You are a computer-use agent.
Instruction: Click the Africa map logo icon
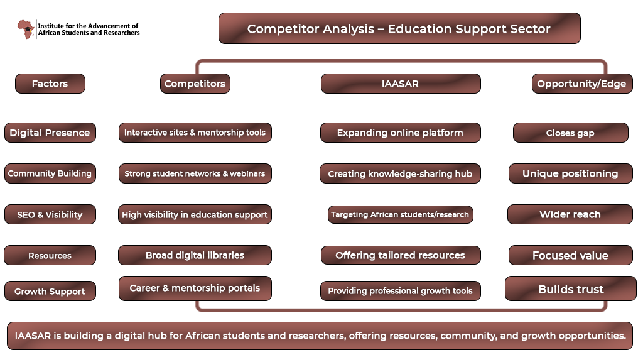point(25,29)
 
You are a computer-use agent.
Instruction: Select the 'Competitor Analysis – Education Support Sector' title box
point(399,28)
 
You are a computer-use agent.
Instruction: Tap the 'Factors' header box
point(50,84)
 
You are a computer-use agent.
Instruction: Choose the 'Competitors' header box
point(195,84)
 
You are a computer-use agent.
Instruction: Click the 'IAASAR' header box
point(401,84)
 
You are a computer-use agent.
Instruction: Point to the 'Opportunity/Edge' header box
point(582,84)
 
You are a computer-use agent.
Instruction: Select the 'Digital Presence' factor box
point(50,133)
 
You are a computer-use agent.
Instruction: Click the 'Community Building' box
point(50,173)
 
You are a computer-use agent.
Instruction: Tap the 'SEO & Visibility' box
point(50,214)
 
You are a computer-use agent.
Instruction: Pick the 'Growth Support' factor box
point(50,291)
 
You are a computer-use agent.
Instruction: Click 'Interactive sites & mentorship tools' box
point(195,133)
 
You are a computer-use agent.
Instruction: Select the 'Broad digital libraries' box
point(195,255)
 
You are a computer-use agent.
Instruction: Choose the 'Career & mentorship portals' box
point(195,288)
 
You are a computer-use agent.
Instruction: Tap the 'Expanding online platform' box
point(400,133)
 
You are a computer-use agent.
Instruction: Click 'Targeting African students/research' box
point(400,215)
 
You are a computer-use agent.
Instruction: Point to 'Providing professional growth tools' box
point(400,291)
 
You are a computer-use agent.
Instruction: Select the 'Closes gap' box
point(570,133)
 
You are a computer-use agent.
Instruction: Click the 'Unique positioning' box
point(570,173)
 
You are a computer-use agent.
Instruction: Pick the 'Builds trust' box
point(570,288)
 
